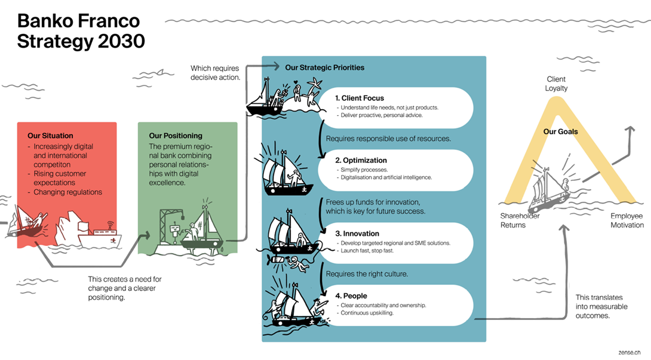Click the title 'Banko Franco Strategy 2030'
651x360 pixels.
point(81,32)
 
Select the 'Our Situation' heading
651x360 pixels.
point(50,136)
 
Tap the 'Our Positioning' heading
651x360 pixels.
point(176,136)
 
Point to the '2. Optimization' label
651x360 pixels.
point(361,160)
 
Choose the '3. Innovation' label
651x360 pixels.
point(357,233)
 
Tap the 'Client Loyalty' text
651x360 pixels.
point(556,84)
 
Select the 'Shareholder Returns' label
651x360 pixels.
point(520,220)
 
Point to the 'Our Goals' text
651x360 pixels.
point(560,131)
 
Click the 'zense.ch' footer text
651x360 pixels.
point(629,353)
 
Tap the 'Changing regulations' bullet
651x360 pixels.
point(67,192)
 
